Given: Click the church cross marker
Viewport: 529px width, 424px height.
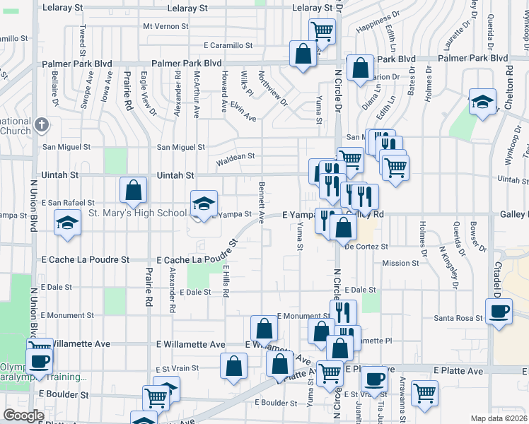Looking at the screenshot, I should [42, 125].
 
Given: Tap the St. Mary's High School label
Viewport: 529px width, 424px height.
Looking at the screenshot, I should [137, 213].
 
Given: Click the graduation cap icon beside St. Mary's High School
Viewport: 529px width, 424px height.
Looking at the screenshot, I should [203, 204].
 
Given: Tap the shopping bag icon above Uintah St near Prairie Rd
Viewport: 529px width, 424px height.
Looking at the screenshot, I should [134, 189].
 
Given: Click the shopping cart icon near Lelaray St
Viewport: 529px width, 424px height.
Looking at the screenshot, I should [322, 30].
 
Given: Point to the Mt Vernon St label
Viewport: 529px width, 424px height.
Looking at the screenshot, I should [166, 26].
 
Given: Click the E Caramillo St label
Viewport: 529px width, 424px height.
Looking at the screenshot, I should [228, 45].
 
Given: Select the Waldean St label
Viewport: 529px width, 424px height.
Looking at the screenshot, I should [235, 160].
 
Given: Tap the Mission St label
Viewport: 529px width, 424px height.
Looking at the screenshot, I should [400, 263].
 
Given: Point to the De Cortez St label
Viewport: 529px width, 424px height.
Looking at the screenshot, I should [366, 247].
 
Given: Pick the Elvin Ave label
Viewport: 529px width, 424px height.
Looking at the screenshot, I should [245, 113].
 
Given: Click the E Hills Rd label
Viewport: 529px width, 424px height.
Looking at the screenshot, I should [226, 281].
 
